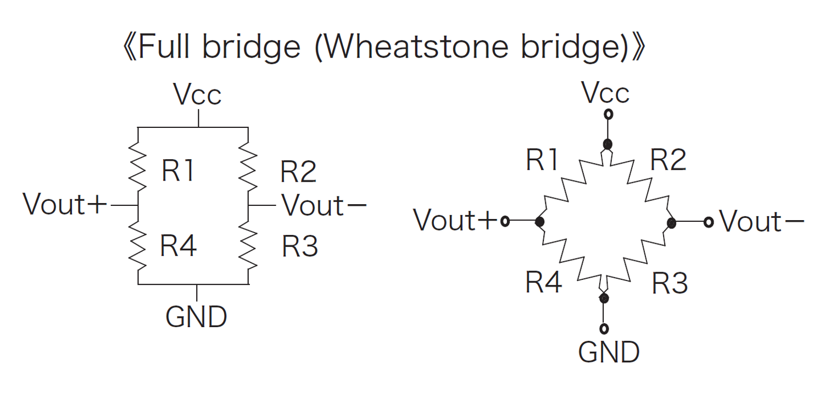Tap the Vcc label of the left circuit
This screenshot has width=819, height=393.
[197, 95]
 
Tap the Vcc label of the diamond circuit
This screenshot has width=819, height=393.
[606, 94]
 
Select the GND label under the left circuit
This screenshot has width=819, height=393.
[196, 317]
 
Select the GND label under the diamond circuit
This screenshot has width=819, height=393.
[609, 352]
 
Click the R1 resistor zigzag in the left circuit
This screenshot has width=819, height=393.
[137, 164]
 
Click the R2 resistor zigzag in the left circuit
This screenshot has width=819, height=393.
[249, 164]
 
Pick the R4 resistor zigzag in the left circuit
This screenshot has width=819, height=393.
[137, 246]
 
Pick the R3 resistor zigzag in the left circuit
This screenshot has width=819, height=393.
[249, 246]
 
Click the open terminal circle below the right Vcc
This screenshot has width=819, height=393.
[608, 115]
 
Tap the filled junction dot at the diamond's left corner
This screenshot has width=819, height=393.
[539, 222]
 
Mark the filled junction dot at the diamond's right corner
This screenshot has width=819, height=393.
[671, 222]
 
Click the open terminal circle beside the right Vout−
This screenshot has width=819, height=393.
[709, 222]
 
